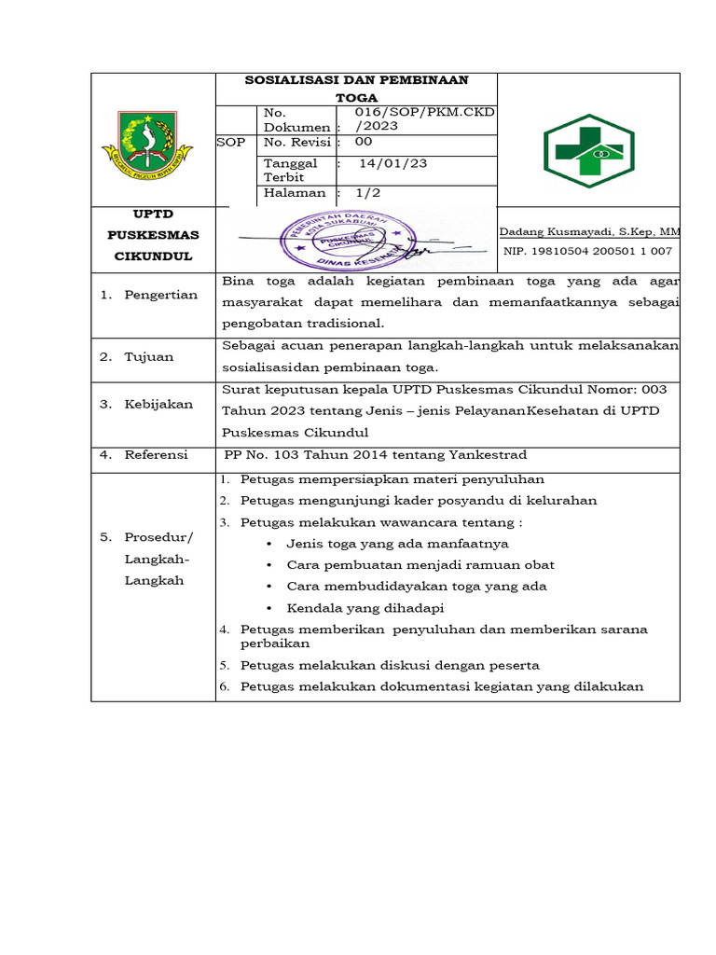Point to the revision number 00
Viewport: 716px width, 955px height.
364,143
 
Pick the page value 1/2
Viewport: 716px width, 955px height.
368,193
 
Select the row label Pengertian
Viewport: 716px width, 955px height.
161,295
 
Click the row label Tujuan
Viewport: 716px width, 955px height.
149,356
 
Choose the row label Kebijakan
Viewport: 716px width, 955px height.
158,404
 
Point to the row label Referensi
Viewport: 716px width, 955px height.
156,454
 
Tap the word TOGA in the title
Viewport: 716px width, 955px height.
357,96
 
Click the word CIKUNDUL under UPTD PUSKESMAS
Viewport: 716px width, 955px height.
153,255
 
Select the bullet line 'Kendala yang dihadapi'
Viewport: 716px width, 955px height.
352,607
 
